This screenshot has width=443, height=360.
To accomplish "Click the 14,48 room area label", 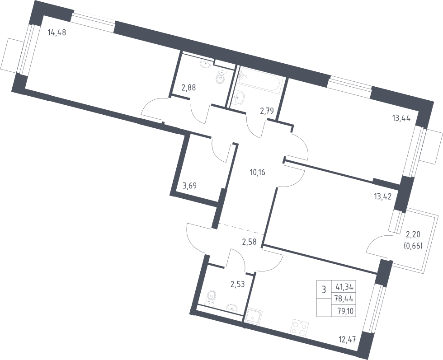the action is (57, 33).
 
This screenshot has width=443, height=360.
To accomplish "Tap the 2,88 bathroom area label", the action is (189, 88).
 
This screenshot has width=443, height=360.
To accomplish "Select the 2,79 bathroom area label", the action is (267, 111).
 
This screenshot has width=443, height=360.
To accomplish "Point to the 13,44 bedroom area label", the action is (401, 118).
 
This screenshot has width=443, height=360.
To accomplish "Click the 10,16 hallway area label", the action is (258, 172).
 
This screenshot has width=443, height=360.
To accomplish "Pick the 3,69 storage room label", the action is (189, 186).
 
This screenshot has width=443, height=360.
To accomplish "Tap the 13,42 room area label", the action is (382, 196).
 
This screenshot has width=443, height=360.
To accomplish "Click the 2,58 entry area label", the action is (249, 242).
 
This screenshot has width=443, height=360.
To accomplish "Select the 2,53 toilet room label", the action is (238, 284).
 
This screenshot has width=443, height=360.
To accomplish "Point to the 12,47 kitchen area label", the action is (347, 338).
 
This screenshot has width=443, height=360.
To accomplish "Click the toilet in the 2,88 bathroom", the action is (221, 77).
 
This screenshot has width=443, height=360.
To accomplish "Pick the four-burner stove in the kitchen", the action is (300, 327).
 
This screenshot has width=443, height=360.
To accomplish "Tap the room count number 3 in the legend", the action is (324, 290).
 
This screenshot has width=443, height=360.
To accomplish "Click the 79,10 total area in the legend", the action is (344, 311).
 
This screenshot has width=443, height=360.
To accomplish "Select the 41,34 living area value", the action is (344, 288).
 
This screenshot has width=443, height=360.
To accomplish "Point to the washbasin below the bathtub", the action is (240, 98).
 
